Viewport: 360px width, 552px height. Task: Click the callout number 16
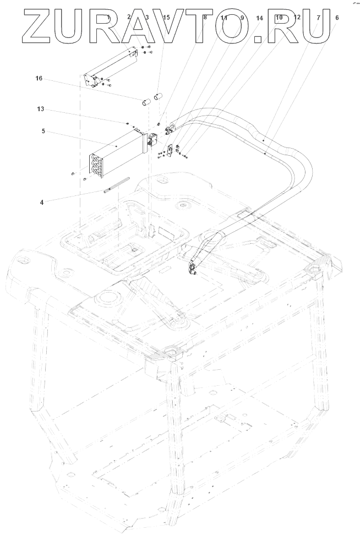pos(39,79)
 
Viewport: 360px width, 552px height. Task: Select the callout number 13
pos(40,110)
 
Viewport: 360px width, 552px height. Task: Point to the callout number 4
pos(42,202)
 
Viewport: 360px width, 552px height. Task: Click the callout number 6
pos(337,18)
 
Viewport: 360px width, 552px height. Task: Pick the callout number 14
pos(260,18)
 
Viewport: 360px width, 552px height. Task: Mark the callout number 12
pos(298,18)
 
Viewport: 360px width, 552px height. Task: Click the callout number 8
pos(205,18)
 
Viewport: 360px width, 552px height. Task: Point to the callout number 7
pos(318,18)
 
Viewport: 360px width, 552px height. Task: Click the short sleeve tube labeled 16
pos(145,102)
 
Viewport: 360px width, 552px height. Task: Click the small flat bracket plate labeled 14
pos(170,149)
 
